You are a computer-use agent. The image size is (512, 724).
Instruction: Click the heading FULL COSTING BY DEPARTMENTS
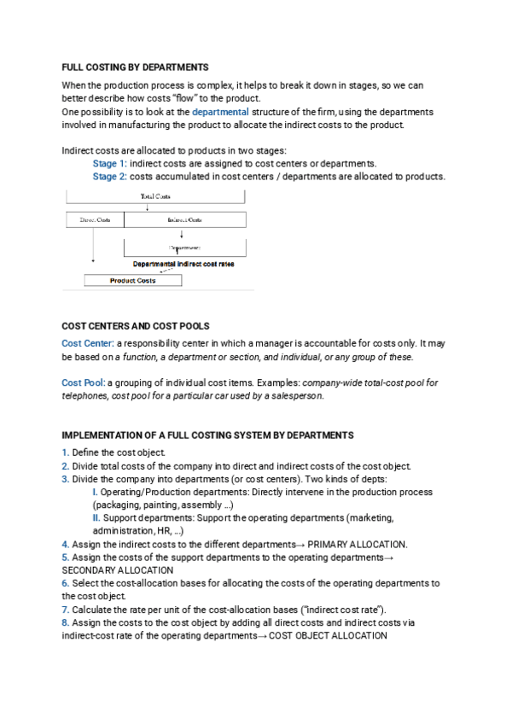(x=135, y=67)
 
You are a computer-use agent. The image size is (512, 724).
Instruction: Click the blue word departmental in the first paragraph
(x=220, y=112)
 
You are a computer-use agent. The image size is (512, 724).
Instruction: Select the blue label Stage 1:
(x=109, y=163)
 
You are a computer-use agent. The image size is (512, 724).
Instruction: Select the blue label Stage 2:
(x=109, y=177)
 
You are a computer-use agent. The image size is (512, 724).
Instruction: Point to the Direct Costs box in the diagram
(x=95, y=220)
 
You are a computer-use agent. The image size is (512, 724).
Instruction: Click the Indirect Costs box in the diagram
(x=185, y=220)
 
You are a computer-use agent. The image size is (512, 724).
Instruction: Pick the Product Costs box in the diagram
(x=132, y=280)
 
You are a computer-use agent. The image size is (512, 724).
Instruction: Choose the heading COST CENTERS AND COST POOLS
(x=136, y=326)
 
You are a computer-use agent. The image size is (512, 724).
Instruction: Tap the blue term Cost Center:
(x=88, y=342)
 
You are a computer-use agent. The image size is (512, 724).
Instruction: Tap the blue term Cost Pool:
(x=84, y=382)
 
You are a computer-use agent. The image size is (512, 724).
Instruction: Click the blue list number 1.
(x=66, y=452)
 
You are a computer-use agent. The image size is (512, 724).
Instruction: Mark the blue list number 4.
(x=66, y=544)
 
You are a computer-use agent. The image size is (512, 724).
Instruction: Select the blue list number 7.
(x=66, y=609)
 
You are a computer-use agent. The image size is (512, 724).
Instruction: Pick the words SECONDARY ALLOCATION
(x=118, y=569)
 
